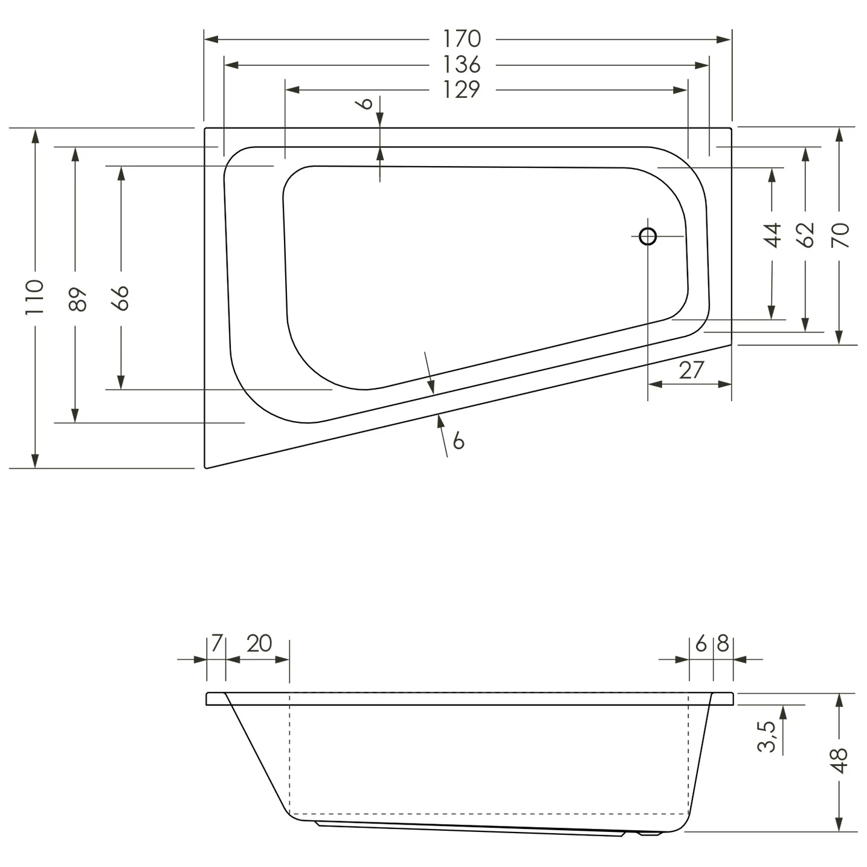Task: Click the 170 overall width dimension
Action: pos(462,39)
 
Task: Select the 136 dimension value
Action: pos(462,64)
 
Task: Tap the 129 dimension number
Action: pos(462,89)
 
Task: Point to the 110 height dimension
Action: pos(34,297)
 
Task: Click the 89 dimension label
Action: pos(77,299)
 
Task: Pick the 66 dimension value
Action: pos(121,298)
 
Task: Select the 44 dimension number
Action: pos(773,235)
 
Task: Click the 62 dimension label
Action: pos(805,235)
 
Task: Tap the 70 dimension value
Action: pos(840,235)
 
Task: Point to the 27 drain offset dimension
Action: pos(691,370)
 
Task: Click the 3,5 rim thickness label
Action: pos(767,736)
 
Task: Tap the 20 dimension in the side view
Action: pos(259,643)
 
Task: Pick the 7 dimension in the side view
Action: pos(217,643)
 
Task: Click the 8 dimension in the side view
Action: pos(723,644)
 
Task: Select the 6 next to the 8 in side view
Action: pos(701,644)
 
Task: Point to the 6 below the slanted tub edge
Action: pos(459,440)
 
